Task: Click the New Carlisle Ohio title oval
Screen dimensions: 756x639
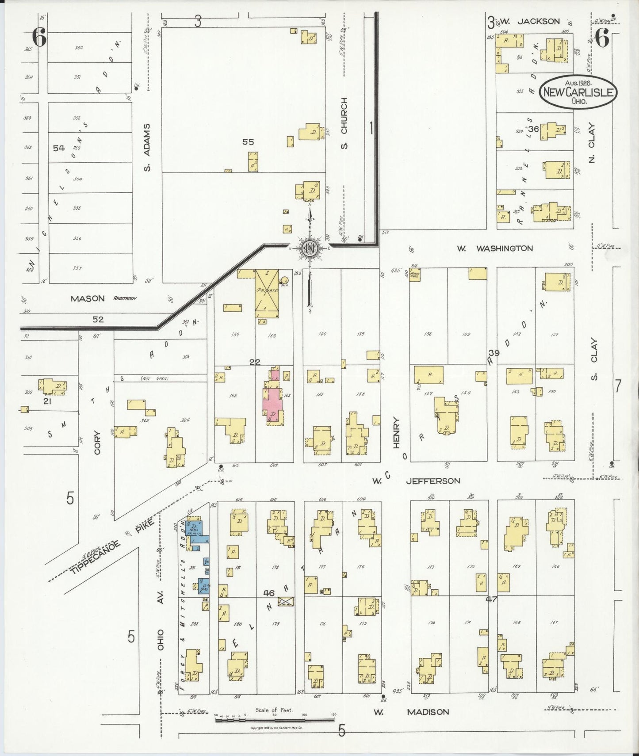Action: coord(578,91)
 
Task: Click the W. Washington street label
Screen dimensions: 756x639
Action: coord(495,248)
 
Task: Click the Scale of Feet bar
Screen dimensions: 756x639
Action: coord(274,720)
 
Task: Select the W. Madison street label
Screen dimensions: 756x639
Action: coord(411,712)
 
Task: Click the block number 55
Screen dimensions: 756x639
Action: coord(248,142)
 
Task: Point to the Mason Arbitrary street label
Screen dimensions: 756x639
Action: coord(103,299)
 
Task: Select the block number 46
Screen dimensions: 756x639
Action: coord(268,593)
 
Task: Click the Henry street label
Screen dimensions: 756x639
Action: coord(396,434)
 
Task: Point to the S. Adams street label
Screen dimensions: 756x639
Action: coord(148,147)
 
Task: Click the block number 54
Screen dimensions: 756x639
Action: coord(59,148)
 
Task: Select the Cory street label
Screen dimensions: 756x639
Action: coord(97,442)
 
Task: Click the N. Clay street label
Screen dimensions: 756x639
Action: coord(592,142)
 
